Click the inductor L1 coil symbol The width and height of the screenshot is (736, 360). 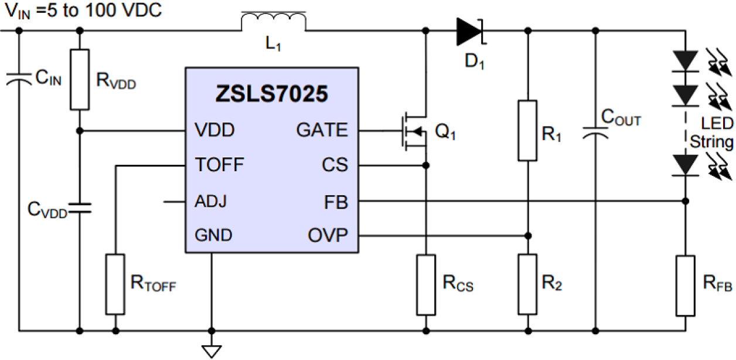coord(273,22)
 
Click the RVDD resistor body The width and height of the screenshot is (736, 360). coord(79,79)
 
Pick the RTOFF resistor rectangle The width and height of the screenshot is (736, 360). coord(115,284)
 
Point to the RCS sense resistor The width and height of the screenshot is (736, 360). coord(426,284)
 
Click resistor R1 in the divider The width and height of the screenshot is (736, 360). coord(527,130)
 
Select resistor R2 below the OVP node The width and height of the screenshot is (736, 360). coord(527,284)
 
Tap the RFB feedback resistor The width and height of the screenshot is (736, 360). coord(685,285)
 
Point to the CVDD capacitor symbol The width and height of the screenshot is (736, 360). coord(79,207)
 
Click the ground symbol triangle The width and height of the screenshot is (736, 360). coord(212,350)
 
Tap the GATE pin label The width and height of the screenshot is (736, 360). coord(322,130)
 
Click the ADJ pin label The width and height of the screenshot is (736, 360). coord(211,202)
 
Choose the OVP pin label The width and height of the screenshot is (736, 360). coord(328,236)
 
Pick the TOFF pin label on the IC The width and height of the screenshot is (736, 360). coord(219,166)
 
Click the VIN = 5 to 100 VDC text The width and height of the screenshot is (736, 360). coord(83,11)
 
